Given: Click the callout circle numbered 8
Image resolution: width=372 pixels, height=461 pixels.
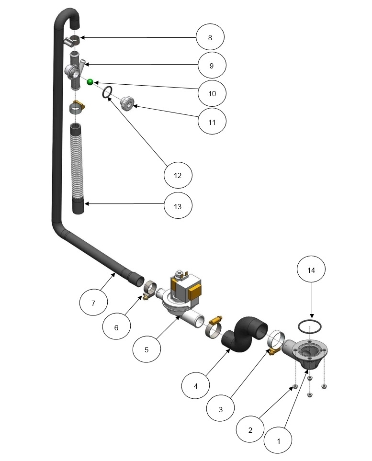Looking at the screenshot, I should (x=210, y=37).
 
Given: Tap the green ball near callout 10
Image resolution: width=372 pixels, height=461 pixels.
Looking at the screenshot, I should (x=90, y=82).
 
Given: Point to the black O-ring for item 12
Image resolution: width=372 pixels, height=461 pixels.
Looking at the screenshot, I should (x=108, y=92).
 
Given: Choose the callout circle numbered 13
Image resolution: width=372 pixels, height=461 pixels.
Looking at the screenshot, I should (x=178, y=207).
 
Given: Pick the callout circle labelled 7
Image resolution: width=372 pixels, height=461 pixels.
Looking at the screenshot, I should (x=94, y=303).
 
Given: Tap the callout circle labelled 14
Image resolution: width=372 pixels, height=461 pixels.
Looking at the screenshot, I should (x=312, y=270).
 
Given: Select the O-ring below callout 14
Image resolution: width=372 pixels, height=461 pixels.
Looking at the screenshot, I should (x=309, y=326).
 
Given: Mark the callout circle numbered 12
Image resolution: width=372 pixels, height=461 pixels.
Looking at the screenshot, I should (x=178, y=176).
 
